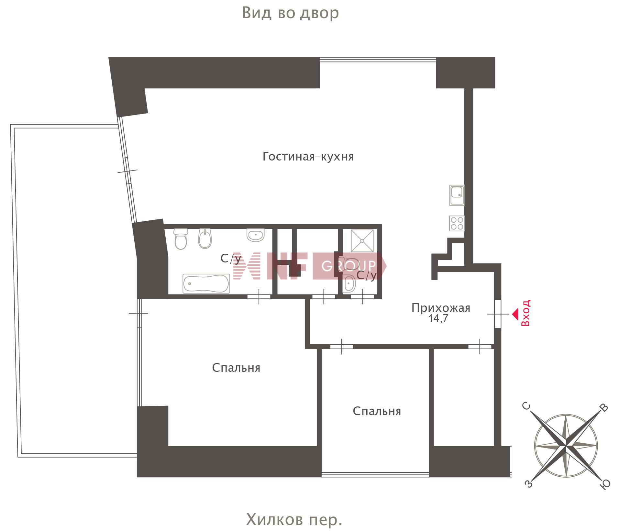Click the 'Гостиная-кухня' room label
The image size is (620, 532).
tap(308, 157)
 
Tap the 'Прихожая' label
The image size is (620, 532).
tap(441, 308)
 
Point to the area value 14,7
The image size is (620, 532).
tap(438, 318)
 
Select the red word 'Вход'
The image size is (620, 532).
tap(526, 313)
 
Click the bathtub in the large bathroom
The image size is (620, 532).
tap(206, 284)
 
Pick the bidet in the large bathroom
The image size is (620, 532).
tap(205, 239)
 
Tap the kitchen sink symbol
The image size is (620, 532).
tap(457, 195)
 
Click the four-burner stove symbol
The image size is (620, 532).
tap(457, 223)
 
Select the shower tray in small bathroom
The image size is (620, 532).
tap(362, 241)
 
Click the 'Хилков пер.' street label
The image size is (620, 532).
tap(294, 520)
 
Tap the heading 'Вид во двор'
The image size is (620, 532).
tap(291, 13)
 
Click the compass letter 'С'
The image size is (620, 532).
tap(527, 405)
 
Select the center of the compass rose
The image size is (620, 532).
tap(566, 446)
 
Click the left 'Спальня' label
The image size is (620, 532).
tap(236, 368)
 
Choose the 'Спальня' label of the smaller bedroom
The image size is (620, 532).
tap(377, 411)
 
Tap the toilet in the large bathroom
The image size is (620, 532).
tap(181, 239)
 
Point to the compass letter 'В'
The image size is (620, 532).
tap(604, 408)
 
